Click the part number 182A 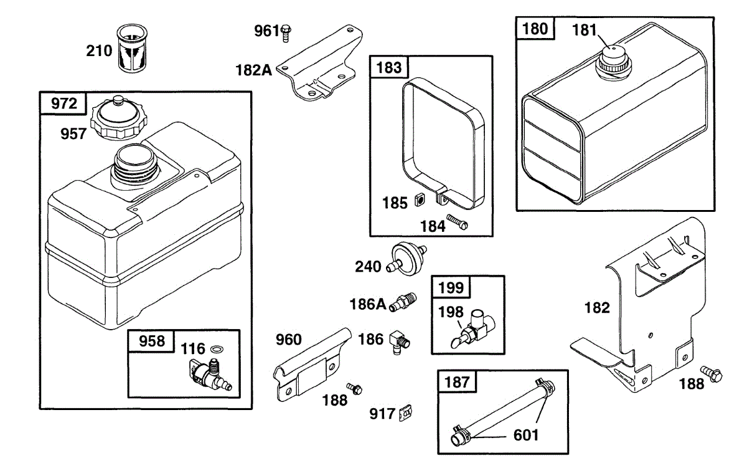[x=253, y=70]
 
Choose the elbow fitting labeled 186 [x=397, y=341]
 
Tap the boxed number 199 [x=451, y=287]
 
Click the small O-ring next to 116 [x=217, y=349]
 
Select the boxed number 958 [x=152, y=341]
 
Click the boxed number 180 [x=535, y=29]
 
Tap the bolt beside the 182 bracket [x=710, y=373]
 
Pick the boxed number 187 [x=458, y=381]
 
